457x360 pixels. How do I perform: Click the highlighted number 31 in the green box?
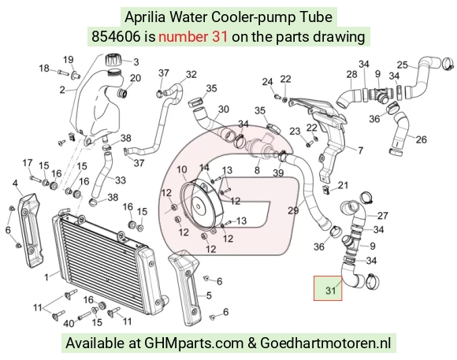[331, 291]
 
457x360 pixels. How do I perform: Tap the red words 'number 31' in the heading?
[193, 37]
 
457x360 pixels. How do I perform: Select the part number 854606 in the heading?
[116, 37]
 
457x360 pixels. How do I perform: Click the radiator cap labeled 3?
[113, 61]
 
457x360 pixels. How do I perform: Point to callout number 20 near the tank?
[136, 78]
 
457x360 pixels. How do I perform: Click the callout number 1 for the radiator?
[46, 277]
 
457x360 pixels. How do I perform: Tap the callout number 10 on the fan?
[182, 169]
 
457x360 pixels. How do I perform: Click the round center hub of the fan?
[199, 206]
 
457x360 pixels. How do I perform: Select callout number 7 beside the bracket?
[361, 150]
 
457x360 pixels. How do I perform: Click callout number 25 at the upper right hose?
[403, 65]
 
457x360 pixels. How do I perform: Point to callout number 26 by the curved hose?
[422, 139]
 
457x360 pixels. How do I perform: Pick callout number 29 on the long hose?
[293, 210]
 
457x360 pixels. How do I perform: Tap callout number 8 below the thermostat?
[257, 170]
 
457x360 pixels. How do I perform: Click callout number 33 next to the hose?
[121, 180]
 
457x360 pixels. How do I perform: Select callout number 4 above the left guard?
[15, 183]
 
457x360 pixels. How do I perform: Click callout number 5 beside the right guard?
[209, 295]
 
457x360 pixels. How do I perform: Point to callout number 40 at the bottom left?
[69, 324]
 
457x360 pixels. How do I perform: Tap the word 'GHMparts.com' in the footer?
[194, 343]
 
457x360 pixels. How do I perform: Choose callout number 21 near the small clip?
[343, 185]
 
